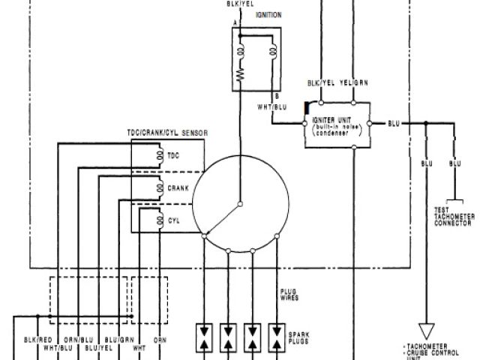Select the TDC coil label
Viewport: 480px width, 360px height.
pos(173,157)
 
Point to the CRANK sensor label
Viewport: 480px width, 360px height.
pos(178,189)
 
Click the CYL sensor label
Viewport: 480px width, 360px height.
pos(173,221)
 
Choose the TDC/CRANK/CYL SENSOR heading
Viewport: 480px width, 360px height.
pos(166,133)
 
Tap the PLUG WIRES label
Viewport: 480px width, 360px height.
pos(289,294)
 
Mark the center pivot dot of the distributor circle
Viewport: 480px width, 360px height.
pos(239,202)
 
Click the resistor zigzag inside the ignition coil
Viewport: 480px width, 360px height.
pos(241,76)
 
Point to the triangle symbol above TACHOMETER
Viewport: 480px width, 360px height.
pos(427,329)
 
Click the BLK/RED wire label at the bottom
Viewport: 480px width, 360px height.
pos(37,340)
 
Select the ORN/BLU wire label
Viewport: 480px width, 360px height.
pos(75,340)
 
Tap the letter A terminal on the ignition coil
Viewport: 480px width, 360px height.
pos(235,24)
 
